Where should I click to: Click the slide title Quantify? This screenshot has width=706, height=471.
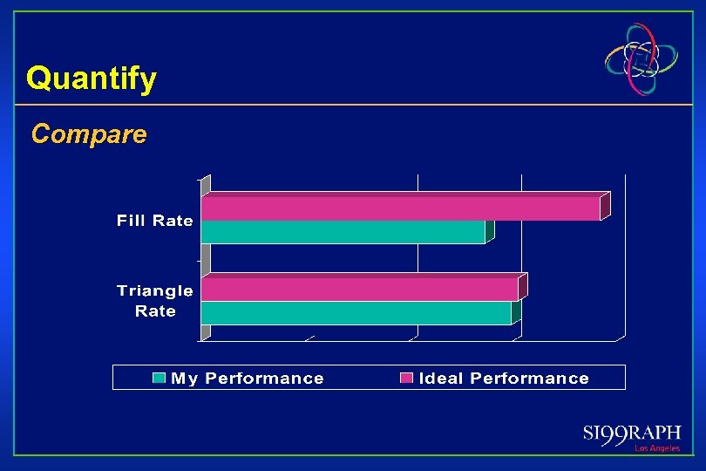(x=92, y=78)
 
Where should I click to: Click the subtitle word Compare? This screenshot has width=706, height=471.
(x=89, y=134)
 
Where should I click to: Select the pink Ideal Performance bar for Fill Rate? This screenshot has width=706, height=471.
(x=401, y=208)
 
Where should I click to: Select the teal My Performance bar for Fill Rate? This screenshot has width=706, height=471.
(x=343, y=232)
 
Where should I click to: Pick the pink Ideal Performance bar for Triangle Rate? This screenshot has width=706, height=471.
(x=359, y=290)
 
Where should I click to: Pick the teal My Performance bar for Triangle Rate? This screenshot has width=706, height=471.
(x=356, y=313)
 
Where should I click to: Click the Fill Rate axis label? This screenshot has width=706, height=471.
(x=155, y=221)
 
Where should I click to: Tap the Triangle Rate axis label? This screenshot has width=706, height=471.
(x=155, y=301)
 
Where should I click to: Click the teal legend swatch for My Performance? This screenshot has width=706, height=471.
(x=160, y=379)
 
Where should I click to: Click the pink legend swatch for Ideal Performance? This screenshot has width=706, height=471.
(x=406, y=379)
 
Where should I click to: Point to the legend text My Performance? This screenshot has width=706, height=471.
(x=248, y=379)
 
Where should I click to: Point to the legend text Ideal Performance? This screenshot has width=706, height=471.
(x=504, y=379)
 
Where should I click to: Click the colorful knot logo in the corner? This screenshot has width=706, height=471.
(x=642, y=58)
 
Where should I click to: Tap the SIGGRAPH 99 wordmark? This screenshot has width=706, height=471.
(x=632, y=434)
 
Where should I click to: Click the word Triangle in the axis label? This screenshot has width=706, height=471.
(x=155, y=291)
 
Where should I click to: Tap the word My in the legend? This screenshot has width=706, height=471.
(x=185, y=379)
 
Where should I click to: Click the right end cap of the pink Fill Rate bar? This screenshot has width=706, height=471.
(x=605, y=206)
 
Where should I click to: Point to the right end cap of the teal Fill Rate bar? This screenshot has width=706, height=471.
(x=490, y=229)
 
